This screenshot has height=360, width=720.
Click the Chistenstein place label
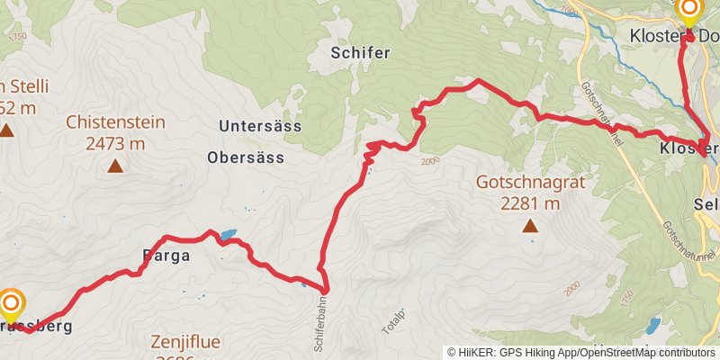click(x=115, y=121)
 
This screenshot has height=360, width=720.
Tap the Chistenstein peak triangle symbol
click(x=115, y=166)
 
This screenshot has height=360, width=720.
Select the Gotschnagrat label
click(x=531, y=183)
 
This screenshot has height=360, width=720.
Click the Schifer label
click(x=360, y=53)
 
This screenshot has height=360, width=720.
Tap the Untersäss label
click(x=260, y=126)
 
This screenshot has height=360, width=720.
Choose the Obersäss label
click(x=246, y=157)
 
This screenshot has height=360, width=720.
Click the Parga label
click(x=166, y=256)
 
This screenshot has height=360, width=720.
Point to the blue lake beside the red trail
click(x=229, y=235)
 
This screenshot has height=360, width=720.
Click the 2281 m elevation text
click(x=531, y=203)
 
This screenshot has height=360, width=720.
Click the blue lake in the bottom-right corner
click(x=655, y=326)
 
